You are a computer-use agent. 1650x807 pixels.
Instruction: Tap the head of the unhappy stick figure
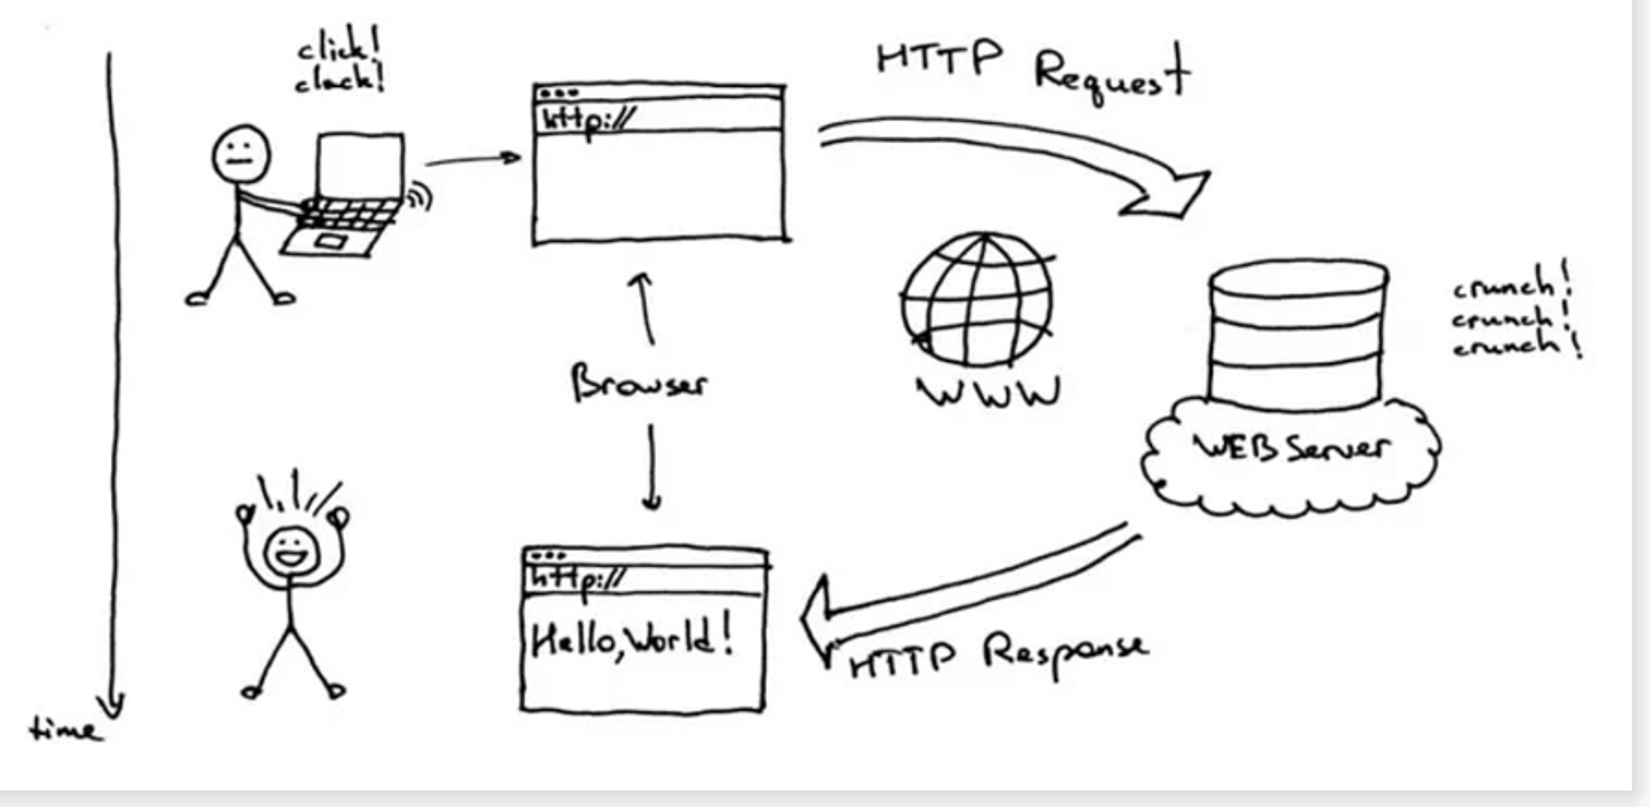pos(241,154)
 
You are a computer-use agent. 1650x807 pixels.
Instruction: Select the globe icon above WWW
pos(978,299)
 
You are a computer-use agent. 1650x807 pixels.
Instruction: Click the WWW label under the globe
pos(988,393)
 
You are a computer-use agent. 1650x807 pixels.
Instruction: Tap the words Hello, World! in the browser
pos(632,637)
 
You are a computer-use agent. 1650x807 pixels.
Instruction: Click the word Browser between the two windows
pos(638,383)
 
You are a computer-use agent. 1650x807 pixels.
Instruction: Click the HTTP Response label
pos(998,654)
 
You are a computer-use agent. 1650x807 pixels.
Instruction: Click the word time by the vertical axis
pos(65,730)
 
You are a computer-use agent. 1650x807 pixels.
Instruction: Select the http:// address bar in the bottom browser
pos(645,578)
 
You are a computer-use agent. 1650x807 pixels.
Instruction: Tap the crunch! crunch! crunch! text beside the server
pos(1516,316)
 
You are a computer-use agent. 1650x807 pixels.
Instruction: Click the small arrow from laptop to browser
pos(472,159)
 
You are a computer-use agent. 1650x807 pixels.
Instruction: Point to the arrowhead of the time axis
pos(114,705)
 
